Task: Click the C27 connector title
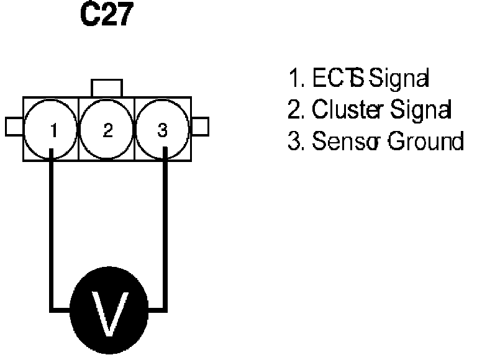pos(107,17)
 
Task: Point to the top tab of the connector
pos(107,88)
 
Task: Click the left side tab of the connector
pos(14,127)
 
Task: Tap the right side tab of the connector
pos(200,127)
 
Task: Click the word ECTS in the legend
pos(329,79)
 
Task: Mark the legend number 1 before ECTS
pos(294,79)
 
